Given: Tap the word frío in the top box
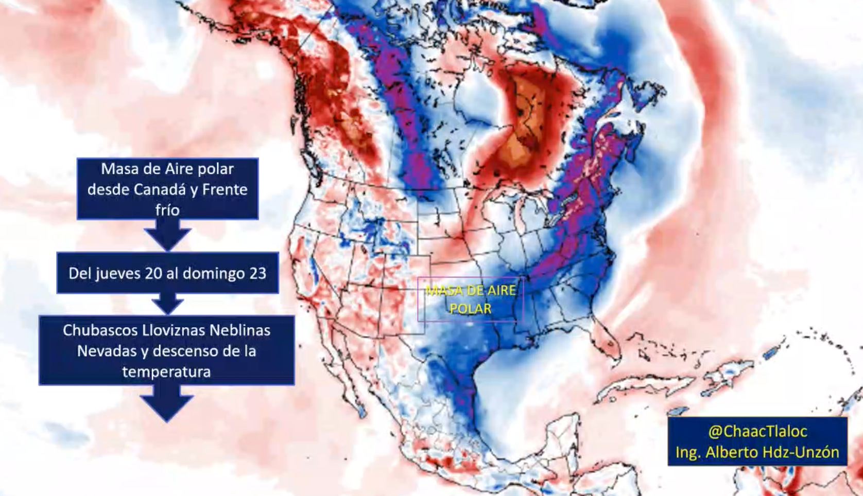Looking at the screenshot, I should pos(167,210).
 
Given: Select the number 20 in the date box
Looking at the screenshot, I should pos(153,273).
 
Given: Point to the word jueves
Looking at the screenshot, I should pos(117,273).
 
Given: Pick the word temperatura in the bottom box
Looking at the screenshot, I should pos(166,372).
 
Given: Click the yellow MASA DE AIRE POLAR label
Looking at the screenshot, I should pos(470,299).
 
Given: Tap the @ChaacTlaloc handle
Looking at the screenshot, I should pos(757,431).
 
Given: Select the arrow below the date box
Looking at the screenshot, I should pos(167,304).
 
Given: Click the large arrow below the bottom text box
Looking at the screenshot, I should pos(166,404).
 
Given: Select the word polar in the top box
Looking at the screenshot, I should pos(213,169).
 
